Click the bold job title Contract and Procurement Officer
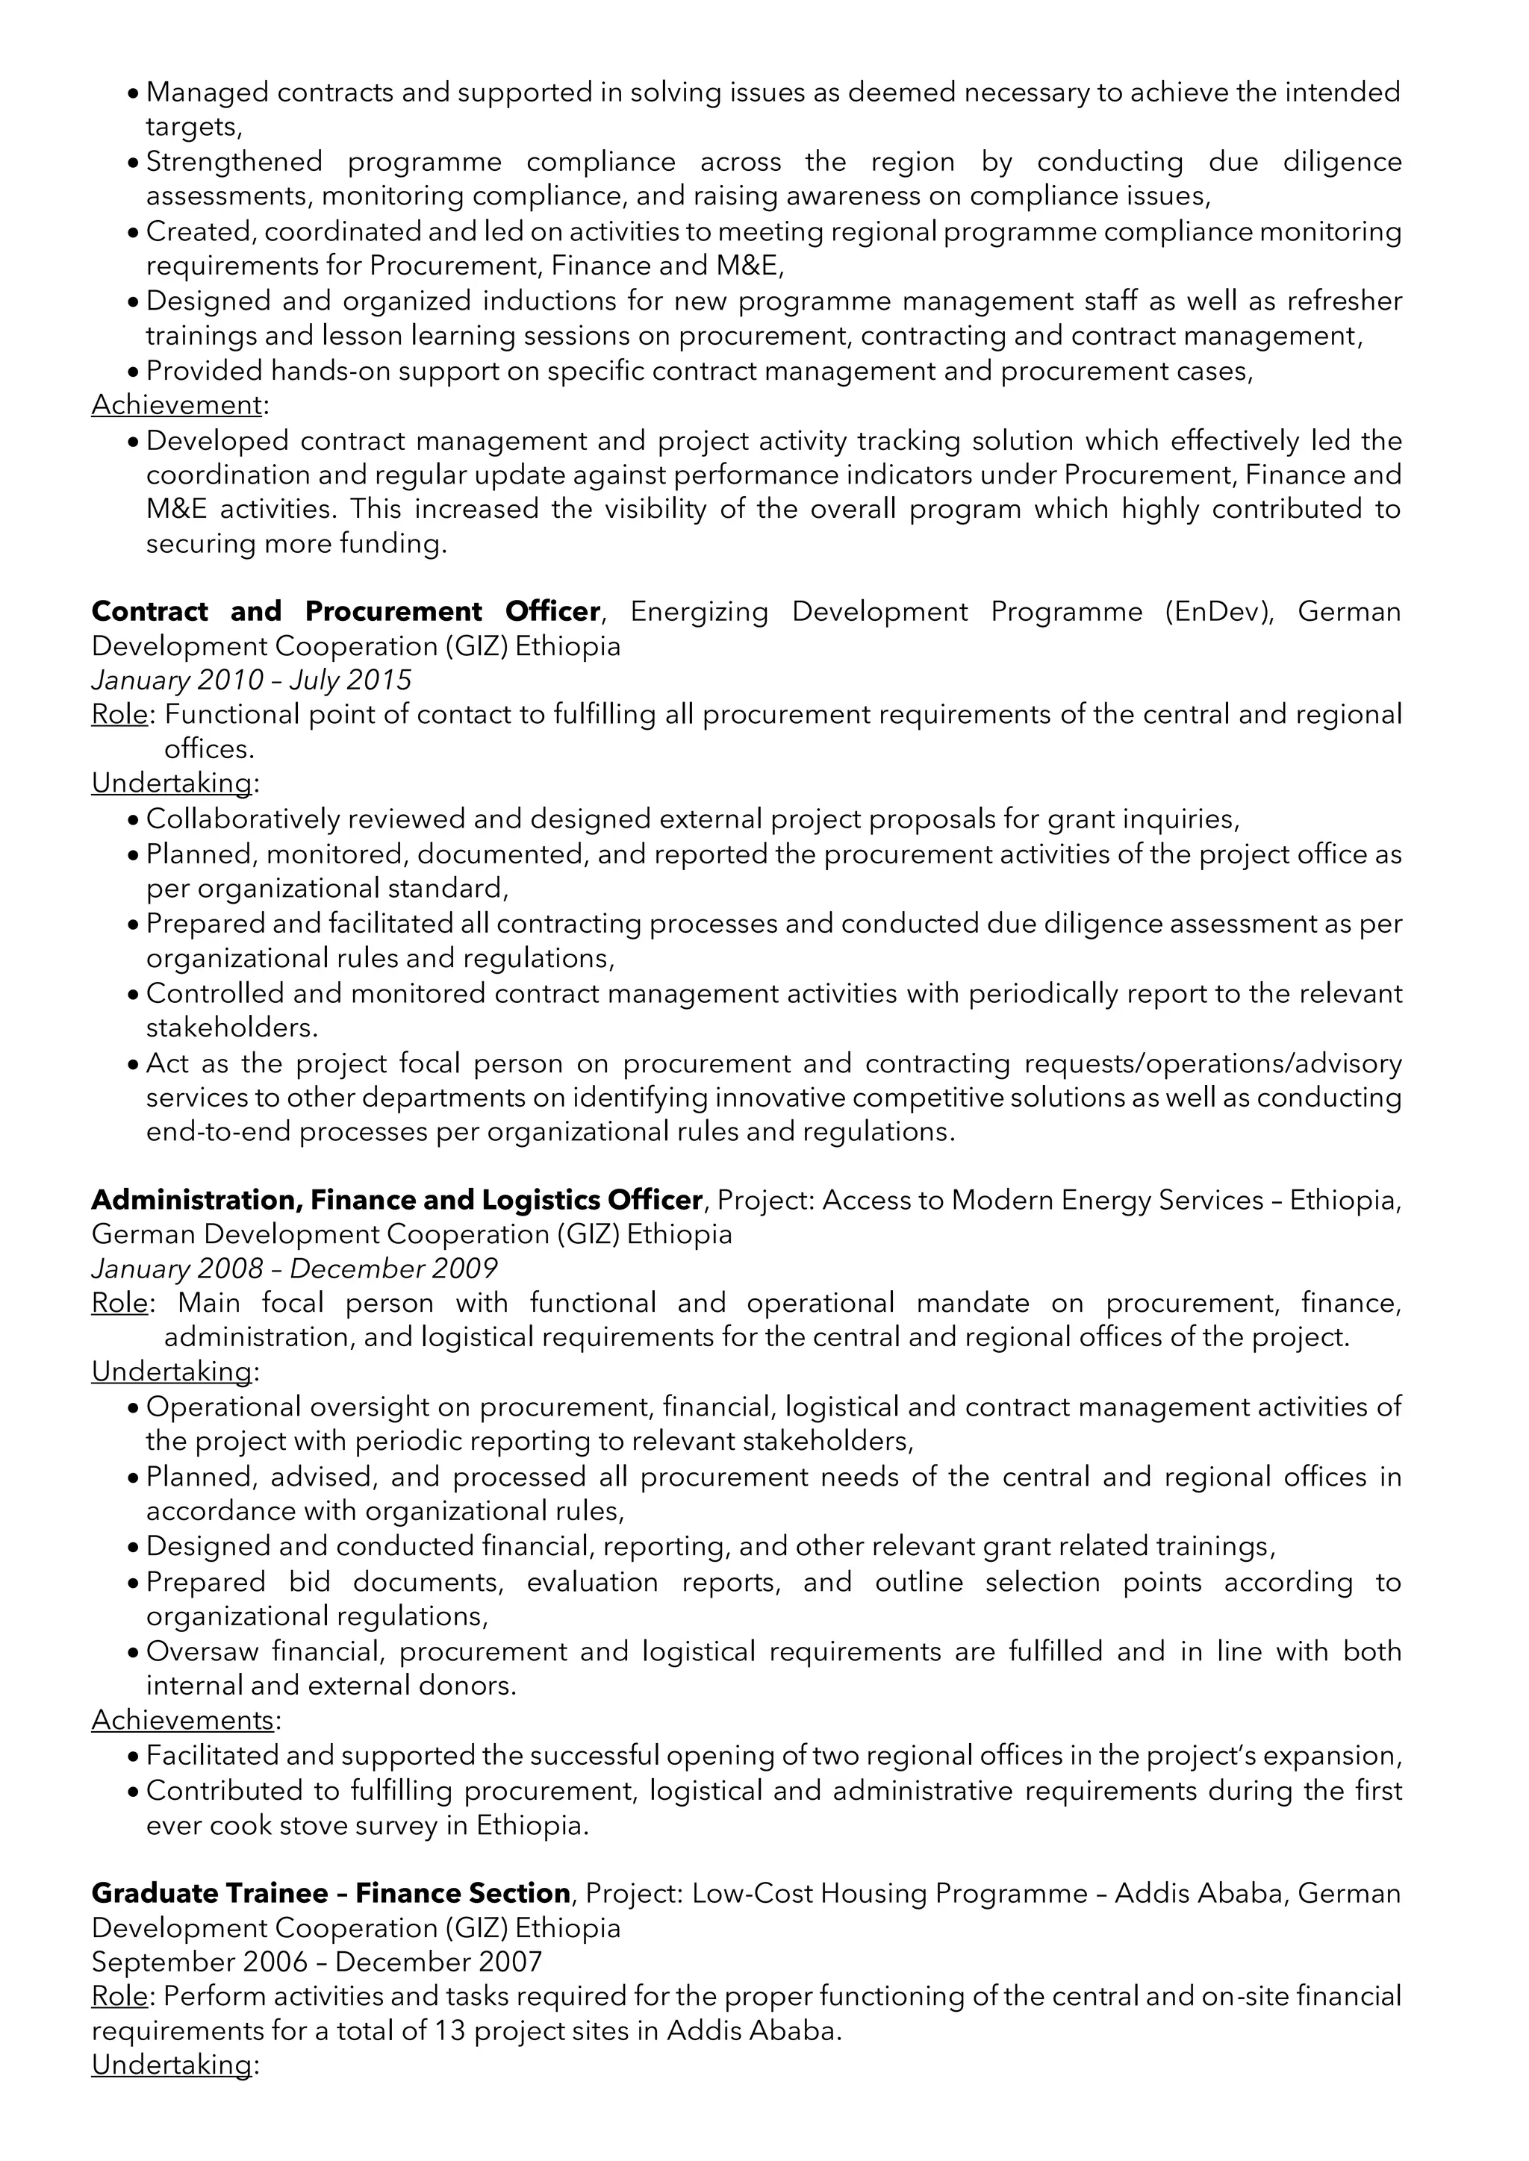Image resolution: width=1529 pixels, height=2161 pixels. pos(345,612)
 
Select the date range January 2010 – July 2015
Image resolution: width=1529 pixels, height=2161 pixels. pos(252,680)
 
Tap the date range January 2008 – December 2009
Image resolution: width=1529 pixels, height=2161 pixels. pos(293,1268)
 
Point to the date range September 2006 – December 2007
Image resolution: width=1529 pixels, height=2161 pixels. pos(317,1962)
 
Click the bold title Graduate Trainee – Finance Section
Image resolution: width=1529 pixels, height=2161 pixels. pos(331,1893)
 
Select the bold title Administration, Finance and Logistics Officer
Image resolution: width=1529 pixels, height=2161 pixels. pos(396,1200)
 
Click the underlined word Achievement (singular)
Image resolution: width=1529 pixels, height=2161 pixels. pos(176,406)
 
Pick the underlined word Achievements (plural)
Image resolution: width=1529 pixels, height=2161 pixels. pos(183,1719)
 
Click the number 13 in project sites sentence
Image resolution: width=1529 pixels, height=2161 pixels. pos(450,2030)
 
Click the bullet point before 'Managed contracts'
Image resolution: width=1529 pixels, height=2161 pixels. pos(133,93)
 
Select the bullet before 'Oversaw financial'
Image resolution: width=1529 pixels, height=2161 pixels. pos(133,1652)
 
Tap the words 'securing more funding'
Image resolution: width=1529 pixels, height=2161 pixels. pos(296,544)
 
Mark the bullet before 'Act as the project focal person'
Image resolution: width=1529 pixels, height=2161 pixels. pos(133,1065)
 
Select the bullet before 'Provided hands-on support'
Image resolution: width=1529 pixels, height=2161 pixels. pos(133,372)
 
